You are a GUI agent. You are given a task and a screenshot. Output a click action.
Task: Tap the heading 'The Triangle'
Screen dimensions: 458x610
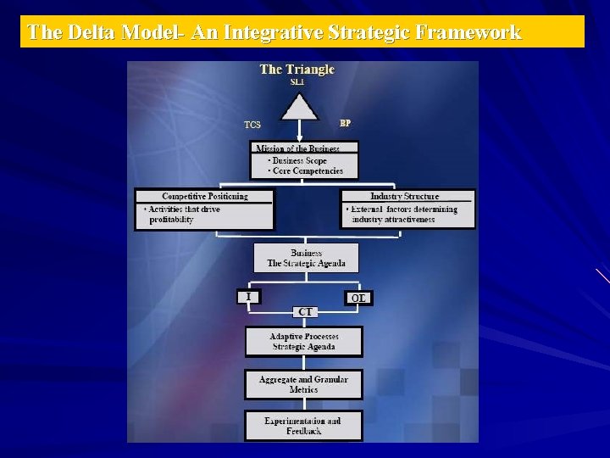pyautogui.click(x=297, y=70)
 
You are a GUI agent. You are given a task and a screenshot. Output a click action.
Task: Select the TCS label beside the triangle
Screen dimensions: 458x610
pyautogui.click(x=252, y=126)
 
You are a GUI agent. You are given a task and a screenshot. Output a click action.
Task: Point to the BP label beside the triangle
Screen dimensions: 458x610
pyautogui.click(x=345, y=123)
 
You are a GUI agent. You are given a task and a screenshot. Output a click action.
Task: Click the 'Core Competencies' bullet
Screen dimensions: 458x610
pyautogui.click(x=305, y=170)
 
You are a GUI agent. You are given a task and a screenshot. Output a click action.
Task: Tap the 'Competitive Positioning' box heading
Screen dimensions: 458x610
pyautogui.click(x=205, y=196)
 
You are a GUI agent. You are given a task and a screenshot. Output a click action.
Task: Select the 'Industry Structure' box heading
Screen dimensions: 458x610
pyautogui.click(x=405, y=196)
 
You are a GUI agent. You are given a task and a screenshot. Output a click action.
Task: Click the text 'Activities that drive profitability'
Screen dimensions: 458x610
pyautogui.click(x=183, y=215)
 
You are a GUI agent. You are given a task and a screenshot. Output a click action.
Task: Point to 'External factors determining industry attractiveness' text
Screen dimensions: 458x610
pyautogui.click(x=404, y=215)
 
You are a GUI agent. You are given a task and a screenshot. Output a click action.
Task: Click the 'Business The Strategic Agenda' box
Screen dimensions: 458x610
pyautogui.click(x=306, y=258)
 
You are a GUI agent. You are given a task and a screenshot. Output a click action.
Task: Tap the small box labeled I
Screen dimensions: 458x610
pyautogui.click(x=248, y=296)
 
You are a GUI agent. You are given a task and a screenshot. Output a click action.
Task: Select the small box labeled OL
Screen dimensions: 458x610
pyautogui.click(x=358, y=298)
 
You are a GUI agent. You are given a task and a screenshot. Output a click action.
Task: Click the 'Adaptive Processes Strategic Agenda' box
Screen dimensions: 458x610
pyautogui.click(x=304, y=342)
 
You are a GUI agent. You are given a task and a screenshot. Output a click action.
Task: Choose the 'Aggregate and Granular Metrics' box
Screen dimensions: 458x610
pyautogui.click(x=303, y=384)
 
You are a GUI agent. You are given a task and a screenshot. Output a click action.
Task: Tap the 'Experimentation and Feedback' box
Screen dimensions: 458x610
pyautogui.click(x=303, y=426)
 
